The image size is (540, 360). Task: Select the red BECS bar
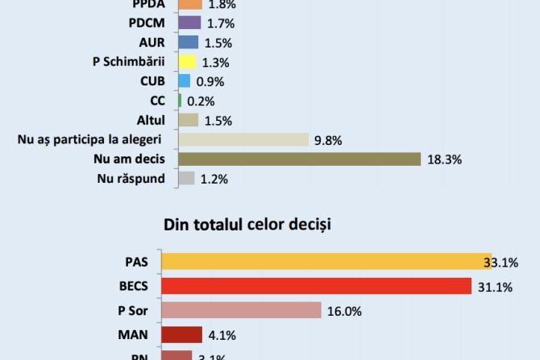pos(316,286)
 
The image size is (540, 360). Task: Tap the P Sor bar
pos(241,310)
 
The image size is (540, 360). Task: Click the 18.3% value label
pos(444,159)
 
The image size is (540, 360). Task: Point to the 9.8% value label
pos(329,140)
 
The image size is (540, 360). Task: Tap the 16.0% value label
pos(344,311)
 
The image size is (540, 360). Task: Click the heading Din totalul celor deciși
pos(247,224)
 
